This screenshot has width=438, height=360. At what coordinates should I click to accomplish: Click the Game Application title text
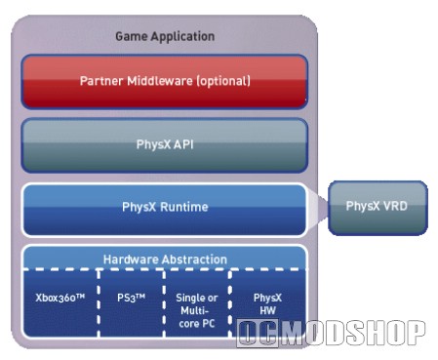pyautogui.click(x=165, y=36)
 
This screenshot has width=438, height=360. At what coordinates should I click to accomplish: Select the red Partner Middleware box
pyautogui.click(x=165, y=81)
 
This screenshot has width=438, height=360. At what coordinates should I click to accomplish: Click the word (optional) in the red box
pyautogui.click(x=223, y=81)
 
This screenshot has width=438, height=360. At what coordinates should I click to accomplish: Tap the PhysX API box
pyautogui.click(x=165, y=145)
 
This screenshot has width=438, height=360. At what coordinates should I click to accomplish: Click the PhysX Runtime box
pyautogui.click(x=165, y=210)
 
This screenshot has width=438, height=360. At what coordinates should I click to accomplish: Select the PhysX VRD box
pyautogui.click(x=378, y=208)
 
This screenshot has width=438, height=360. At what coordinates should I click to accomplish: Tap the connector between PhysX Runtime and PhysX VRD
pyautogui.click(x=318, y=208)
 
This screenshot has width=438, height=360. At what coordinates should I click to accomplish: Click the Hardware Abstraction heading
pyautogui.click(x=165, y=260)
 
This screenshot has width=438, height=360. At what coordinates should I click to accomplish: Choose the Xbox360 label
pyautogui.click(x=60, y=298)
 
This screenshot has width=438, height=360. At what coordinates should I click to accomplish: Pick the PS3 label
pyautogui.click(x=131, y=298)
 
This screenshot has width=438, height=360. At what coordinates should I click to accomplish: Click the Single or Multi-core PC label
pyautogui.click(x=197, y=310)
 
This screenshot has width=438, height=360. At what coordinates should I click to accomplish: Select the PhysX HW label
pyautogui.click(x=267, y=304)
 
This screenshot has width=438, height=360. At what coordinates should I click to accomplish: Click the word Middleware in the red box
pyautogui.click(x=160, y=81)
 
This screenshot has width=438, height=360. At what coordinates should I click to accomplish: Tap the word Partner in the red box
pyautogui.click(x=101, y=81)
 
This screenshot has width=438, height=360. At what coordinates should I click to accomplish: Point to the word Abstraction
pyautogui.click(x=194, y=260)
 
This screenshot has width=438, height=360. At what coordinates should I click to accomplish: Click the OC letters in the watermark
pyautogui.click(x=258, y=333)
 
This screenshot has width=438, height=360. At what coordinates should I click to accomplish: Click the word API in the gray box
pyautogui.click(x=183, y=144)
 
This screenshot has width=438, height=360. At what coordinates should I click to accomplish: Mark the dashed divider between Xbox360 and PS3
pyautogui.click(x=99, y=303)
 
